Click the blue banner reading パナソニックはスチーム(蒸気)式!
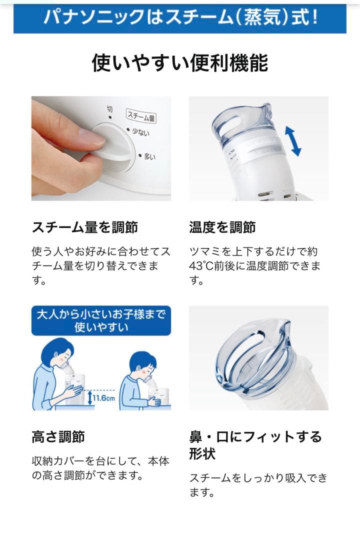pyautogui.click(x=180, y=18)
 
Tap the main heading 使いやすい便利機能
pyautogui.click(x=180, y=63)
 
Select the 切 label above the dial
pyautogui.click(x=109, y=109)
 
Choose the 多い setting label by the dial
pyautogui.click(x=149, y=157)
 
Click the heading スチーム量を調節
pyautogui.click(x=84, y=227)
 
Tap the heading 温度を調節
pyautogui.click(x=222, y=227)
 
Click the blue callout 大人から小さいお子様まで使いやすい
pyautogui.click(x=101, y=320)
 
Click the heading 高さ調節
pyautogui.click(x=58, y=437)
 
